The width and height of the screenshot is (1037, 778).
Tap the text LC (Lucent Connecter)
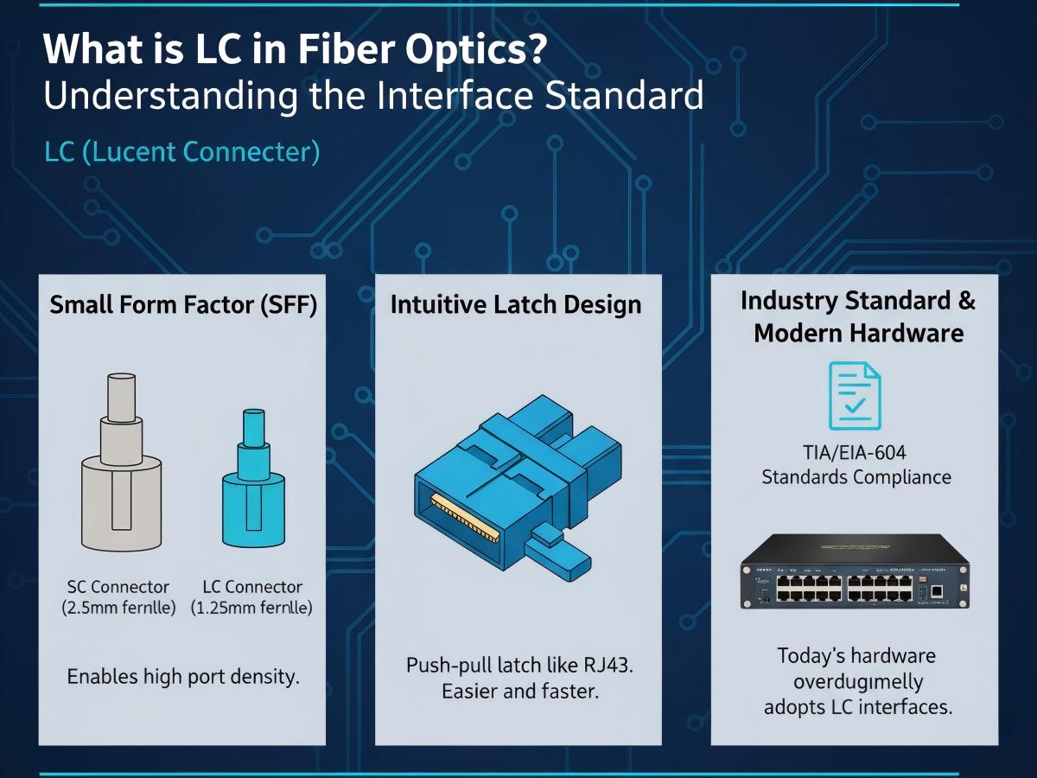(182, 153)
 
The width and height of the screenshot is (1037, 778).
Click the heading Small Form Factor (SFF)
(183, 305)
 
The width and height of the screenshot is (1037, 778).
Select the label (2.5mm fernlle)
(118, 608)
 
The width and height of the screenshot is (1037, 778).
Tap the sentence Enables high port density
(183, 676)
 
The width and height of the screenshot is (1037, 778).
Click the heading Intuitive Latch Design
(516, 304)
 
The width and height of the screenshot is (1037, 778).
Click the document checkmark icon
(855, 395)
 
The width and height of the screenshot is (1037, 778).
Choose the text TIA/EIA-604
(856, 452)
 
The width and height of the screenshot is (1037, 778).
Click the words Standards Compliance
(856, 476)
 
